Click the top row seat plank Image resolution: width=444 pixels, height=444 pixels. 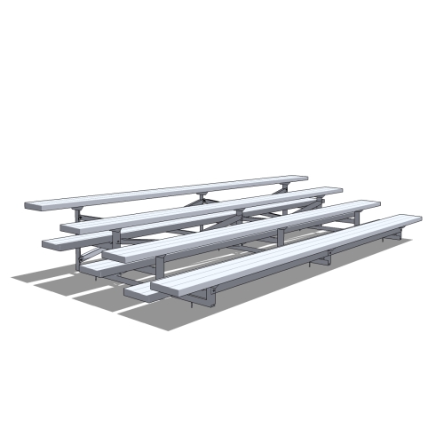coord(169,192)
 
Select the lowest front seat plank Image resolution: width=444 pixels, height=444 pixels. coord(284,253)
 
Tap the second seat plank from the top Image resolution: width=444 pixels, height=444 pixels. coord(204,209)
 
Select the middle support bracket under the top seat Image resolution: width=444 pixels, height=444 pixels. coord(202,196)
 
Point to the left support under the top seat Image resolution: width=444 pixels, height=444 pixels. coord(81,217)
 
